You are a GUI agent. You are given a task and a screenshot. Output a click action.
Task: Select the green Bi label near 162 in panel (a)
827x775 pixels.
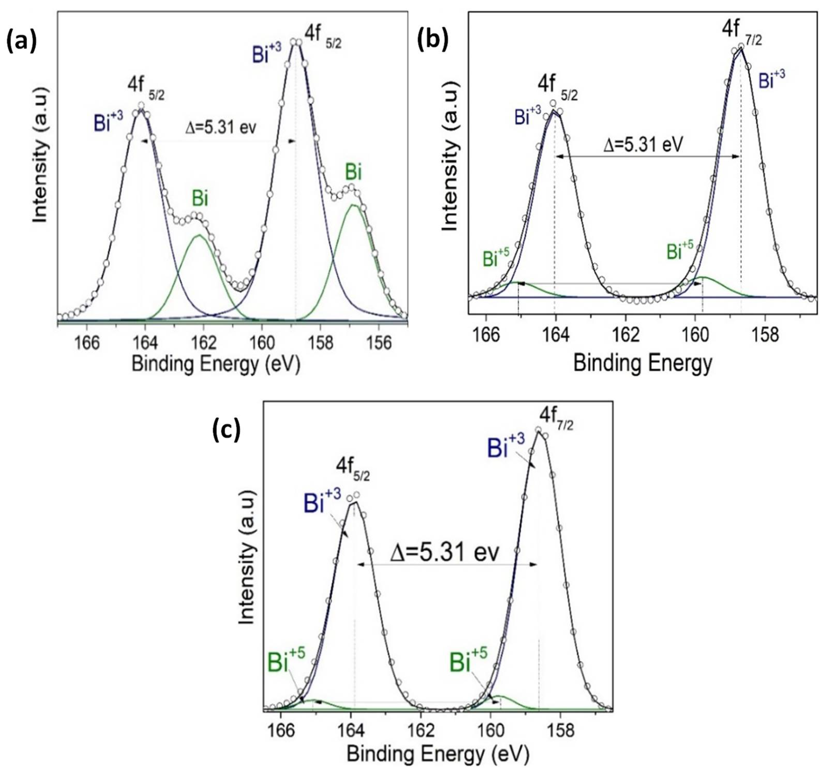(x=200, y=199)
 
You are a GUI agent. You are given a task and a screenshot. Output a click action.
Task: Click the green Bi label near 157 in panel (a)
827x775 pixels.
(x=353, y=172)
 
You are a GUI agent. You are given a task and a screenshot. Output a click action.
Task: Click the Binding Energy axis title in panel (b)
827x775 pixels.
(x=643, y=363)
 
